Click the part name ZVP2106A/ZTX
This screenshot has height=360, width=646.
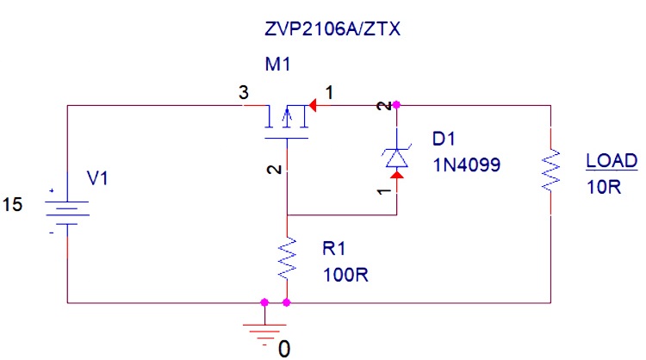(x=333, y=30)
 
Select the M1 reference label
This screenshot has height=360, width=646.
(x=278, y=65)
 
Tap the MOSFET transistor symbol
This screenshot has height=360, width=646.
(x=287, y=121)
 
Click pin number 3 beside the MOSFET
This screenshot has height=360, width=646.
(x=245, y=94)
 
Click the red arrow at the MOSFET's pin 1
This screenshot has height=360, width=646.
(x=314, y=106)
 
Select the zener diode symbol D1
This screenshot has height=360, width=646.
(x=396, y=156)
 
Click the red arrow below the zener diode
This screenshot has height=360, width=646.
(x=396, y=178)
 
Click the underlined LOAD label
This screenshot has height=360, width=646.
(x=611, y=161)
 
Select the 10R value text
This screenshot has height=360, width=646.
(x=602, y=186)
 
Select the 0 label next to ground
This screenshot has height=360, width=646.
(x=284, y=348)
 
